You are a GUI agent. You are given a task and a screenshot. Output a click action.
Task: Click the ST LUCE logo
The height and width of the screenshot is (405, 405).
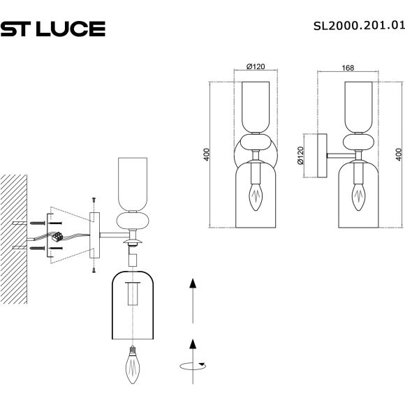tap(52, 29)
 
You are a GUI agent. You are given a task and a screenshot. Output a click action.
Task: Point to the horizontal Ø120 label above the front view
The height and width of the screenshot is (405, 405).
tap(256, 67)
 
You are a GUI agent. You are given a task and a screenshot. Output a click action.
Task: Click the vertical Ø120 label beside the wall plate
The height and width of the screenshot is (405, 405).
tap(301, 155)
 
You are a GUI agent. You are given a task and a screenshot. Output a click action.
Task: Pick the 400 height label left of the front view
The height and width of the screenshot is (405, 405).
tap(206, 154)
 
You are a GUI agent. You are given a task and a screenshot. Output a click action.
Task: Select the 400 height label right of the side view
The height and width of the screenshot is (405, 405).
tap(398, 154)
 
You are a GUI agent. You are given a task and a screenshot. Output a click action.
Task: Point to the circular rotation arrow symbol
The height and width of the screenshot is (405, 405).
tap(192, 364)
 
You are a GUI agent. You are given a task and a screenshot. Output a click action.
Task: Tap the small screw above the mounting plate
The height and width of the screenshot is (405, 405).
tap(92, 200)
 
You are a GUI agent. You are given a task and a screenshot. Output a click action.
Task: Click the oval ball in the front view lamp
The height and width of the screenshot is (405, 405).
tap(256, 144)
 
